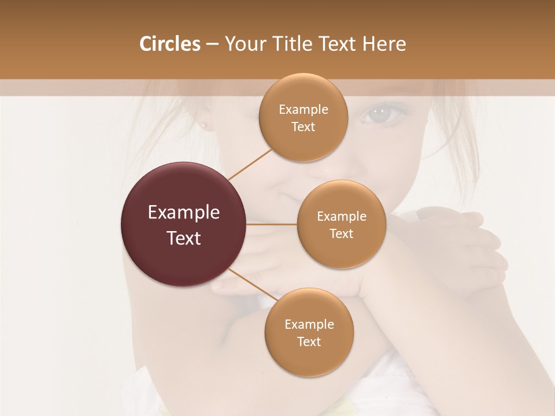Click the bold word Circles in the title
click(x=170, y=44)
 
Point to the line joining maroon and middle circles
click(x=271, y=224)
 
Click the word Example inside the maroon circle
click(x=184, y=213)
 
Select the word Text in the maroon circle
click(x=184, y=238)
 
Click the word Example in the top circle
click(x=303, y=110)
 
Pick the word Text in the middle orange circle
click(x=341, y=233)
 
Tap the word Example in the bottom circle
click(x=309, y=324)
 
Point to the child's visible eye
click(x=380, y=113)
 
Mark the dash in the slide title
click(x=212, y=44)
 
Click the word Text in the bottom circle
click(x=309, y=341)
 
